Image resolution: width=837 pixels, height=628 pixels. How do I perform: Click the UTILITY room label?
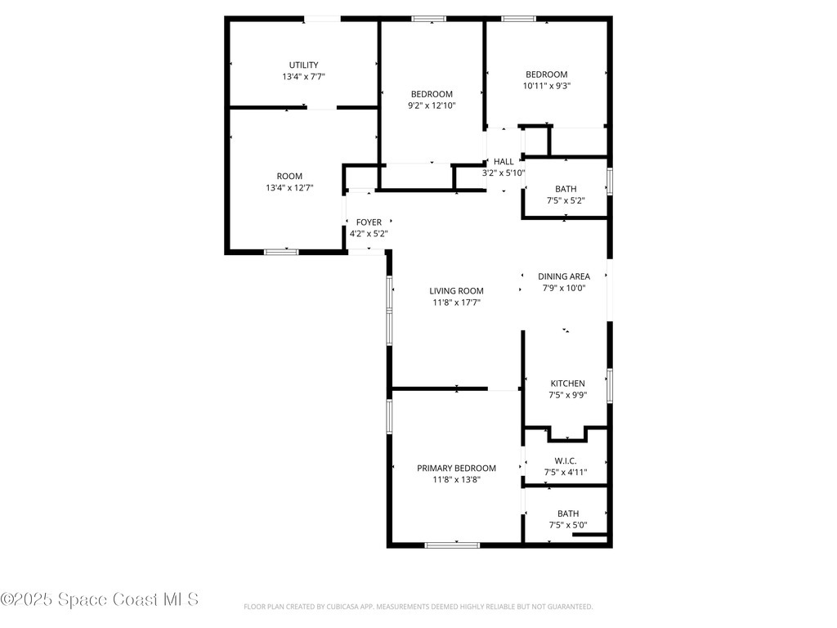click(x=303, y=65)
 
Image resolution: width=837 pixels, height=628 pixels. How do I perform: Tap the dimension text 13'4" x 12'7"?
click(x=289, y=188)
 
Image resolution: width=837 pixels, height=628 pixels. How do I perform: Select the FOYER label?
click(x=369, y=222)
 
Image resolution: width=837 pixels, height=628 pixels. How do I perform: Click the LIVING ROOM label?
click(x=456, y=291)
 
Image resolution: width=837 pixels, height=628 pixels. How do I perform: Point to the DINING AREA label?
click(x=563, y=276)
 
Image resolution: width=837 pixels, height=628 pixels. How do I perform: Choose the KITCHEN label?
click(x=567, y=384)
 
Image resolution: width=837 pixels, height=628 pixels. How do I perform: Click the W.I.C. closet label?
click(x=566, y=461)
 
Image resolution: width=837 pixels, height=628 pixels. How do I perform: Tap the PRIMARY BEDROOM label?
click(x=456, y=469)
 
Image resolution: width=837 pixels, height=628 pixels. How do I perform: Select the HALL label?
click(x=504, y=162)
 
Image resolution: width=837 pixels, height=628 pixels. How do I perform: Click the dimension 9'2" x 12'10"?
click(x=432, y=105)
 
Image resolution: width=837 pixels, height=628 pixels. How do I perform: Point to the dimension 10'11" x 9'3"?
click(x=546, y=86)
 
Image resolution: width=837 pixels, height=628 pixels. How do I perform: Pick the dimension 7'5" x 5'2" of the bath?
click(x=566, y=200)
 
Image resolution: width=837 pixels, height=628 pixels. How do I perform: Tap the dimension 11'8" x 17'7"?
click(x=456, y=303)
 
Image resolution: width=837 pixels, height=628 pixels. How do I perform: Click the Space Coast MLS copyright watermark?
click(x=99, y=599)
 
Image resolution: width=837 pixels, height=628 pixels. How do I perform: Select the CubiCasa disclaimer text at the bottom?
click(x=418, y=607)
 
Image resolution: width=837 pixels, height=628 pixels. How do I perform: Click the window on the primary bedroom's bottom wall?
click(x=452, y=545)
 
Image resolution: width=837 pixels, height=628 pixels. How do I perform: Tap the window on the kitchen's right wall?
click(x=609, y=386)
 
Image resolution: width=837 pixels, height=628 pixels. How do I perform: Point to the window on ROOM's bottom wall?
click(x=280, y=252)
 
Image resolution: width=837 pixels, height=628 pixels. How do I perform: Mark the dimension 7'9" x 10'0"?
click(x=563, y=288)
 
